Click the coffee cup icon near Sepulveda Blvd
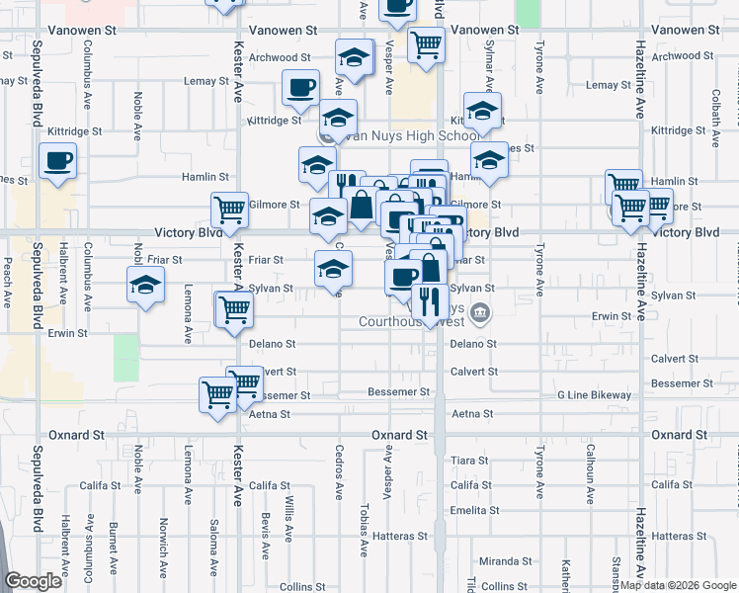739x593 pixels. click(x=57, y=161)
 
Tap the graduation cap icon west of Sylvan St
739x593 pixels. click(x=145, y=286)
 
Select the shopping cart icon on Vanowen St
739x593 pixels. click(x=426, y=43)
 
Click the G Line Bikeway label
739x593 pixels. click(x=594, y=395)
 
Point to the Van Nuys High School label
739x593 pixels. click(x=410, y=135)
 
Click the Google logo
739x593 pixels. click(x=34, y=581)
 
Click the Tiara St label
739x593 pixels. click(x=469, y=461)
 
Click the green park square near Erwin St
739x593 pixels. click(x=126, y=358)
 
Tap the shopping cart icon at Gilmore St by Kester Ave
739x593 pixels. click(x=229, y=210)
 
